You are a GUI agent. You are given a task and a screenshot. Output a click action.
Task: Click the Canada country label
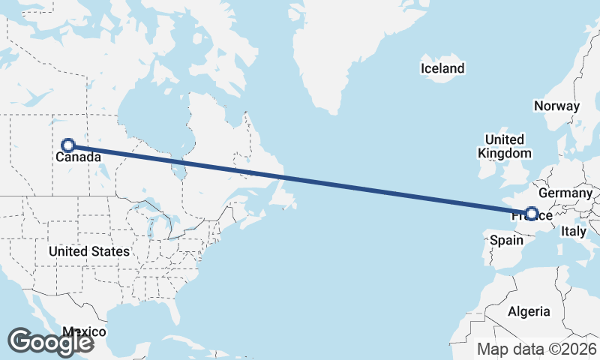click(76, 158)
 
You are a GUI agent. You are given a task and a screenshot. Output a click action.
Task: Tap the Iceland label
click(442, 69)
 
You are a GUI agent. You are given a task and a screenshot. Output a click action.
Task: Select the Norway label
click(556, 106)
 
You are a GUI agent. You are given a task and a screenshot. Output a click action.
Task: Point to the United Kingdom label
click(504, 146)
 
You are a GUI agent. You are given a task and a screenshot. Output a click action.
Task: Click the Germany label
click(565, 193)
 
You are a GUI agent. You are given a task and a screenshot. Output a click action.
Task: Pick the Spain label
click(505, 241)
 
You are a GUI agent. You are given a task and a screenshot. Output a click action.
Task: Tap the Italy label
click(574, 232)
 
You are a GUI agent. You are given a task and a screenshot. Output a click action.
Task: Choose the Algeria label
click(529, 311)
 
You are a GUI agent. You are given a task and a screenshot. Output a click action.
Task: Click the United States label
click(88, 251)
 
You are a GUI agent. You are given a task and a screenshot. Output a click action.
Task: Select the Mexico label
click(84, 331)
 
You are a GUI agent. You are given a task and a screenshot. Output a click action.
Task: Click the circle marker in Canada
click(68, 145)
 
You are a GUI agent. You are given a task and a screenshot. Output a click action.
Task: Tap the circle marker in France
click(532, 214)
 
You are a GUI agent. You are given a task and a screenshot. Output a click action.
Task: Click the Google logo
click(50, 341)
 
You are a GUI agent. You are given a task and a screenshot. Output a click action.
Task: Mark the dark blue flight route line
click(300, 180)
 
